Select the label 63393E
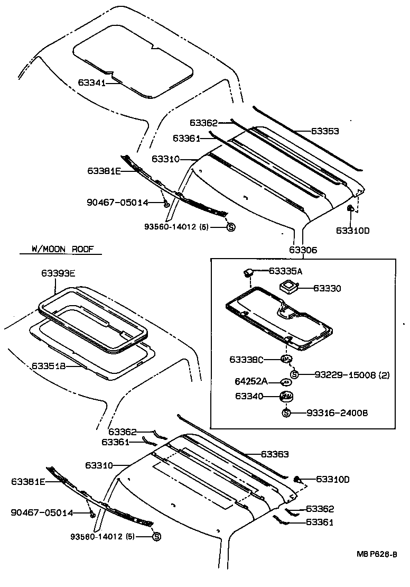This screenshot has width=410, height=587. [58, 273]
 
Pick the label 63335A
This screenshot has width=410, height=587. [285, 271]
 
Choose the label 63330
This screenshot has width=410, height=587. [327, 288]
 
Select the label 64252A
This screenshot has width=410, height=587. [251, 381]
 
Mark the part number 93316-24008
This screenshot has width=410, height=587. [337, 412]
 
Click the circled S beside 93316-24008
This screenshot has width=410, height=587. [286, 412]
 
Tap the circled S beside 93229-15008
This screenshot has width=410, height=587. [295, 374]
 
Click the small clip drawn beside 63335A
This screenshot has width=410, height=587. [247, 273]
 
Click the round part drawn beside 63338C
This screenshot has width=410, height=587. [286, 360]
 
